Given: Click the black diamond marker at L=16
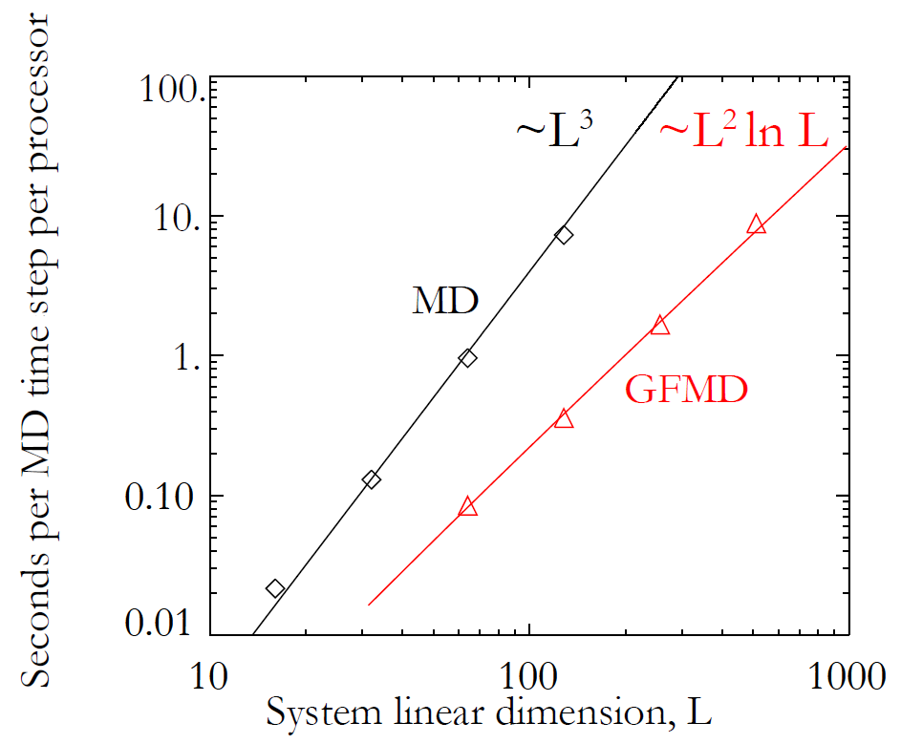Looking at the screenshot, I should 275,588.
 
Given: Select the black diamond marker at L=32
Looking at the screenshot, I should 372,478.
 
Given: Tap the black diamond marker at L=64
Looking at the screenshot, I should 467,357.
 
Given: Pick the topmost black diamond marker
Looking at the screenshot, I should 564,235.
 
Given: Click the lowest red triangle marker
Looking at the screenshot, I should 467,507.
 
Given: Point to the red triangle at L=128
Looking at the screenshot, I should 564,418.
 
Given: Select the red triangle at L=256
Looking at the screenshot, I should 660,326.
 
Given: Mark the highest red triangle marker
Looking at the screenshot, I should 757,224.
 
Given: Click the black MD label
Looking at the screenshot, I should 444,301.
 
